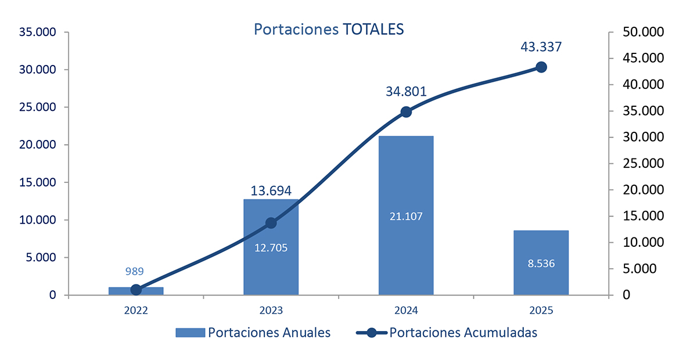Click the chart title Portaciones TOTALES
(x=328, y=30)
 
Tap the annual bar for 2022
(x=136, y=291)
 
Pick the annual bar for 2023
(x=271, y=267)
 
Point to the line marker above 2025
(x=541, y=67)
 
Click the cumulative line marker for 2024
(x=406, y=111)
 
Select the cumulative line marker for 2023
(x=271, y=223)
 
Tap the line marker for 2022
(x=136, y=290)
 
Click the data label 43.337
(x=541, y=47)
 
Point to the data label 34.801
(x=406, y=92)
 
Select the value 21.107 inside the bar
(x=406, y=217)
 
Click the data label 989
(x=135, y=271)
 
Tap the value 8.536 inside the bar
(x=541, y=263)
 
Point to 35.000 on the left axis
(x=37, y=33)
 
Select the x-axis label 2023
(x=271, y=310)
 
